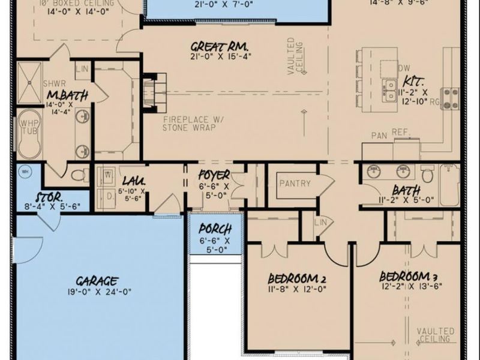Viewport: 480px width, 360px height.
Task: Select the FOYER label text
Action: point(214,175)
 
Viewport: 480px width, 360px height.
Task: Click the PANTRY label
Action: point(295,183)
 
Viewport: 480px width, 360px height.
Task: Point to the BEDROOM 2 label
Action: point(296,278)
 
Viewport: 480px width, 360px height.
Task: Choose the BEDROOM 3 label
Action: point(407,277)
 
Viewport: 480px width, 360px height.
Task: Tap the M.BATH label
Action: point(67,95)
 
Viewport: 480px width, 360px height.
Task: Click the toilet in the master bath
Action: point(77,175)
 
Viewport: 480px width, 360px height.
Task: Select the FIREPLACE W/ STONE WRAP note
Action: point(192,124)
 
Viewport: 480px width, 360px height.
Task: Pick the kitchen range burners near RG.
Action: point(451,98)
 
